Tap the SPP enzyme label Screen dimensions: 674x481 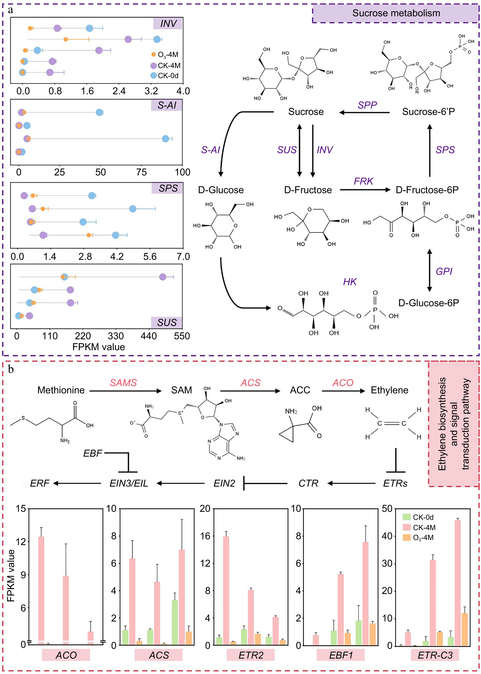click(367, 105)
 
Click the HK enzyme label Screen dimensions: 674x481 click(350, 282)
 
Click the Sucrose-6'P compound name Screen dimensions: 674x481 click(428, 112)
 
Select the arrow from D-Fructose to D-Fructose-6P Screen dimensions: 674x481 click(365, 190)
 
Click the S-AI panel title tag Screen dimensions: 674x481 click(167, 105)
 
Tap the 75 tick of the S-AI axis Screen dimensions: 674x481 click(141, 172)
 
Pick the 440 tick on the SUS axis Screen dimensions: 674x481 click(149, 336)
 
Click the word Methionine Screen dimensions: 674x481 click(61, 390)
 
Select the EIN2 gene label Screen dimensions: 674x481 click(224, 484)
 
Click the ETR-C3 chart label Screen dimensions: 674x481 click(435, 655)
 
